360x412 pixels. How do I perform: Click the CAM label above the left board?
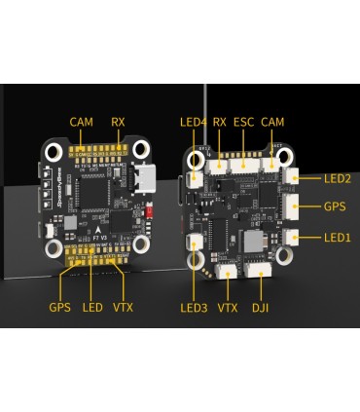pos(81,122)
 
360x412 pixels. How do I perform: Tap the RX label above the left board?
pos(119,122)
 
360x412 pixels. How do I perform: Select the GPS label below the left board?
pos(60,308)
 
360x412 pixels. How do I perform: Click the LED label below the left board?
pos(92,308)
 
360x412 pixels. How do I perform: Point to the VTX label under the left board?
pos(124,308)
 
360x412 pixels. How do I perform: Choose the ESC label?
pos(245,122)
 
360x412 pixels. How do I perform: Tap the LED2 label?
pos(337,179)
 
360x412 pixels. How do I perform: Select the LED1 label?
pos(337,238)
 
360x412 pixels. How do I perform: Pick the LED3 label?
pos(194,308)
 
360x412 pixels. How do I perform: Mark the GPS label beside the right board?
pos(336,207)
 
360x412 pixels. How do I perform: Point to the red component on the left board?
pos(148,210)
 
